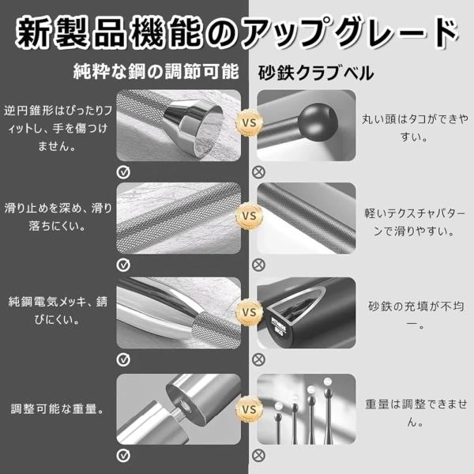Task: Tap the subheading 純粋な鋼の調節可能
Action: tap(156, 72)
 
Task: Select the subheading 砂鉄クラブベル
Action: tap(315, 73)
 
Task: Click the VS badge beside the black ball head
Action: tap(249, 122)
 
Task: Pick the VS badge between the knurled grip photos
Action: tap(249, 216)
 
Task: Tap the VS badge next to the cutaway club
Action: tap(249, 312)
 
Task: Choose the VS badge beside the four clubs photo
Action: tap(249, 409)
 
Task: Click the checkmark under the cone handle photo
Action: tap(123, 172)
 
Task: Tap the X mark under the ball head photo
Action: tap(258, 172)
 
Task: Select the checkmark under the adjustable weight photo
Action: tap(123, 456)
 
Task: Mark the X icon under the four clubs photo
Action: tap(258, 456)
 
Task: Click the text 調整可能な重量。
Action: tap(58, 408)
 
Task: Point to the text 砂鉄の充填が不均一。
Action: tap(416, 315)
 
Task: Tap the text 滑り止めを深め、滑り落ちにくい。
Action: tap(58, 216)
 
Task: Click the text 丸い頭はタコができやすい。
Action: tap(415, 128)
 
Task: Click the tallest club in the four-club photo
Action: tap(327, 411)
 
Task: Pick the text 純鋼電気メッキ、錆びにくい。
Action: tap(58, 310)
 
